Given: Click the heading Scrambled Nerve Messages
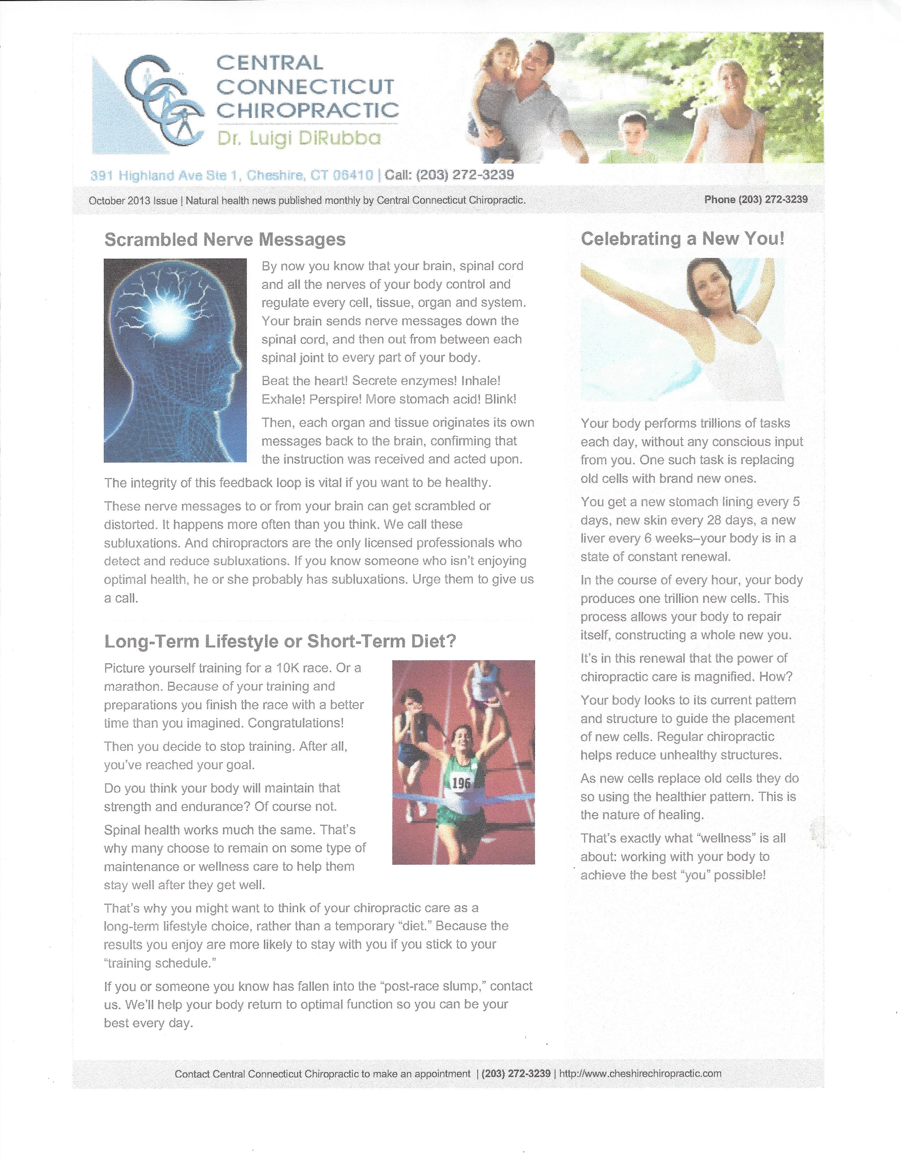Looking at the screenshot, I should (x=225, y=240).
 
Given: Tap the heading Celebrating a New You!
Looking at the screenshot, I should (x=682, y=239).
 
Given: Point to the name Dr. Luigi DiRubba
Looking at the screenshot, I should (x=299, y=138).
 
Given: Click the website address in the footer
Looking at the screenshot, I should (x=640, y=1073).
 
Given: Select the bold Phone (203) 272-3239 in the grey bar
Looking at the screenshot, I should (x=755, y=199).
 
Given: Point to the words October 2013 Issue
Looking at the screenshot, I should (x=133, y=200).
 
